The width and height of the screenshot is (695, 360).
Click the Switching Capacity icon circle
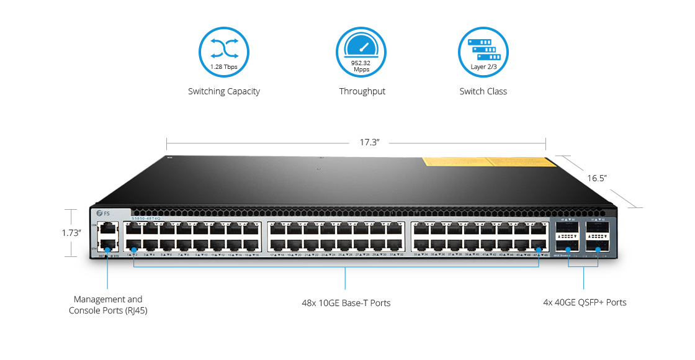223,52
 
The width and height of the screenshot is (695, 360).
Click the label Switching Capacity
223,92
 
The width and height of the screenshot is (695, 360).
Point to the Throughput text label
362,92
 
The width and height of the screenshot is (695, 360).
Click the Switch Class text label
483,92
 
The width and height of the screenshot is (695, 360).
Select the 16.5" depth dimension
597,179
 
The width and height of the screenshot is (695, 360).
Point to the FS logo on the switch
103,214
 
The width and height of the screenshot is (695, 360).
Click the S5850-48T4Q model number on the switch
146,218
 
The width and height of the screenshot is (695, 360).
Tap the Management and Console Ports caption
108,304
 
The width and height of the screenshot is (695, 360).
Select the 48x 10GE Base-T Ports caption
346,303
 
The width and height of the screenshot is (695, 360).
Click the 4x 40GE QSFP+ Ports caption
584,303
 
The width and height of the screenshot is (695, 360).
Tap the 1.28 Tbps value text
223,66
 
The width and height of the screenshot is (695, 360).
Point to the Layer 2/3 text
483,67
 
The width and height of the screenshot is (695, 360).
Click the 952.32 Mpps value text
361,66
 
